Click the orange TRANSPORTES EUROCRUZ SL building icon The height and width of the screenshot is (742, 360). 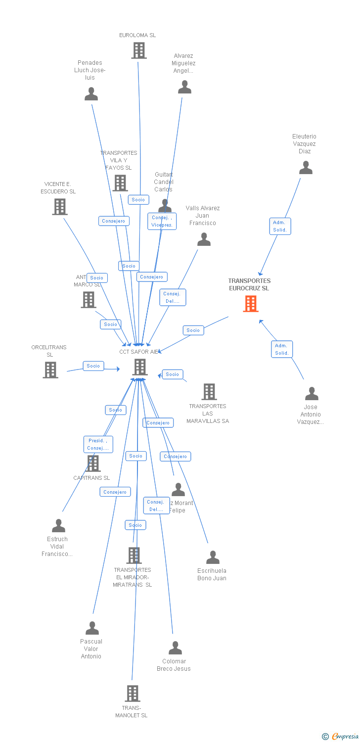click(251, 304)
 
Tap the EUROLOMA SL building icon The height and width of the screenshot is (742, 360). click(139, 50)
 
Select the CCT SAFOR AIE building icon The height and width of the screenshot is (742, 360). click(140, 367)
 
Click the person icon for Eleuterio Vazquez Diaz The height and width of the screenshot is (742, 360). click(306, 168)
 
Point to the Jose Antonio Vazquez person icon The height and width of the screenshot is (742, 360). click(312, 394)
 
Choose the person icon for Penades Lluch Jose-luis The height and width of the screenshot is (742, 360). click(91, 94)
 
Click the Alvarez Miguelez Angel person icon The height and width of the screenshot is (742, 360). click(184, 87)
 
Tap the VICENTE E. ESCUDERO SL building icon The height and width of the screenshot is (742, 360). click(60, 207)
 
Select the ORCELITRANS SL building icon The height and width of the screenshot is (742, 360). click(50, 370)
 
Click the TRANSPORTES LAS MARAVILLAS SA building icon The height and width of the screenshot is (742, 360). click(209, 392)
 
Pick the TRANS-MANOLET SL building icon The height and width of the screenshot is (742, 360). click(133, 694)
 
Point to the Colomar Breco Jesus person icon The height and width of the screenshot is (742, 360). click(175, 648)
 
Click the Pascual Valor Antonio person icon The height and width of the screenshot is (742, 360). click(92, 628)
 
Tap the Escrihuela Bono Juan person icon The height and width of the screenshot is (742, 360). click(213, 557)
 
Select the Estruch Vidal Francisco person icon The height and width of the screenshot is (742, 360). click(59, 526)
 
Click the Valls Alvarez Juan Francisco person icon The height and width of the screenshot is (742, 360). click(204, 240)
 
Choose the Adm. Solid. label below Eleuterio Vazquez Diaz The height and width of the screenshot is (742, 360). click(280, 226)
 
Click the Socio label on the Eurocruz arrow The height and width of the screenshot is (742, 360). click(193, 330)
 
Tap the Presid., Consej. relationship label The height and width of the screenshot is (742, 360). click(98, 444)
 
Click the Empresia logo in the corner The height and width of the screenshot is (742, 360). click(341, 737)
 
